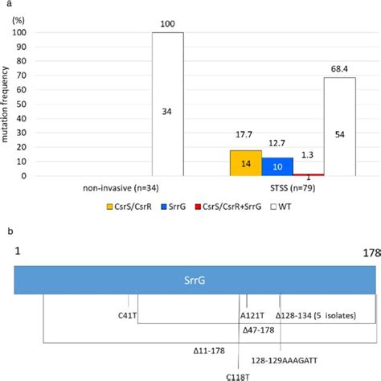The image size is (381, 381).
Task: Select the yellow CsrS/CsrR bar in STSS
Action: point(245,163)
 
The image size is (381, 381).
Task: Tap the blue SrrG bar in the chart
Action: point(277,166)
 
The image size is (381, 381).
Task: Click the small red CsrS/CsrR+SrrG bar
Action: point(308,174)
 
